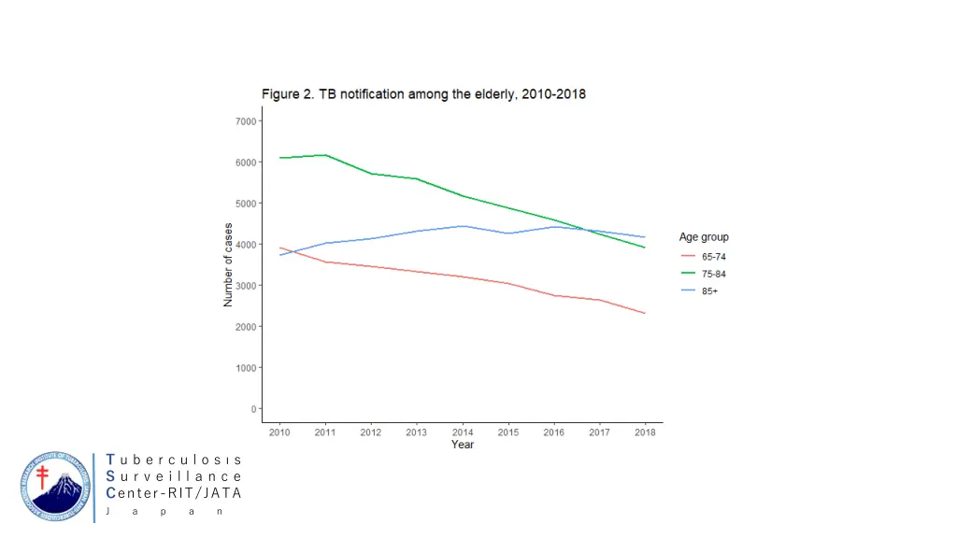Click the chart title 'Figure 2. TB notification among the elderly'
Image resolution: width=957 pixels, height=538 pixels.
[422, 94]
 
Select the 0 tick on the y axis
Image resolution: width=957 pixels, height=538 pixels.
[252, 409]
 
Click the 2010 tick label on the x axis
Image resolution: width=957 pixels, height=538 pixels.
[279, 432]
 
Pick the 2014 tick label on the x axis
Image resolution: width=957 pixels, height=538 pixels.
[462, 432]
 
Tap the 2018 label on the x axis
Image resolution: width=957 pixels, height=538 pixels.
[644, 432]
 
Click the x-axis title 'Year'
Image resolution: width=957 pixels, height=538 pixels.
[462, 445]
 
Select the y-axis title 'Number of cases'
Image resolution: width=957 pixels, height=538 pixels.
[228, 265]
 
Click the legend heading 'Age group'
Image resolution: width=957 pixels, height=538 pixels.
[704, 237]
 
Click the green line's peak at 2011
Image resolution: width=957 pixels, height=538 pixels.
[325, 155]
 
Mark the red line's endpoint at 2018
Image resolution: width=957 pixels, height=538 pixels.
[644, 313]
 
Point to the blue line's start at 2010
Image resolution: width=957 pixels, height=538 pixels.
[279, 255]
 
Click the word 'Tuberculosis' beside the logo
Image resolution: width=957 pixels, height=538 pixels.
[174, 460]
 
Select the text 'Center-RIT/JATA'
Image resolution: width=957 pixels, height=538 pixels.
[174, 493]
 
